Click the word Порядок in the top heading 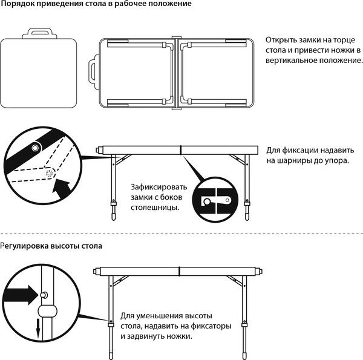click(18, 4)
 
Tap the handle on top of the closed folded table click(41, 34)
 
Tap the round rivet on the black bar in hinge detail click(36, 148)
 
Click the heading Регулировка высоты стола click(51, 246)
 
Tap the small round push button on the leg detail click(45, 294)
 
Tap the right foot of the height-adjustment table click(245, 351)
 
